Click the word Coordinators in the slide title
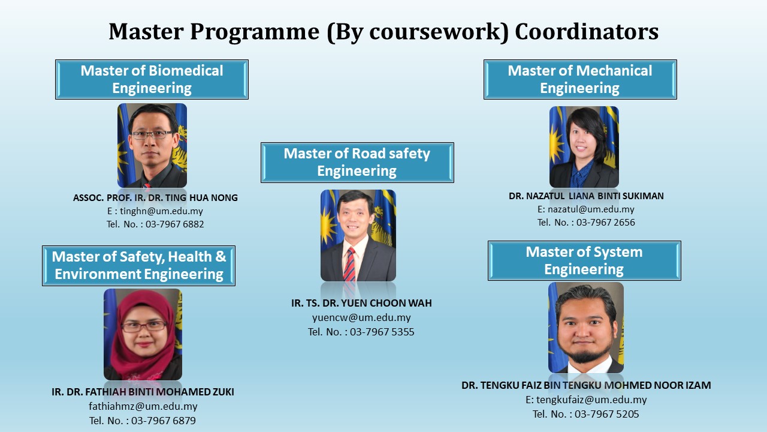click(587, 32)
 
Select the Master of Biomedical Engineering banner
click(152, 80)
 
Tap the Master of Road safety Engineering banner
click(357, 163)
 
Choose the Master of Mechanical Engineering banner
click(580, 80)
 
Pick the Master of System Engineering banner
click(584, 260)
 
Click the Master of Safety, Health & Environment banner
click(138, 266)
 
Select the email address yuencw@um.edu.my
click(361, 317)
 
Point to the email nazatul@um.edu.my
click(591, 209)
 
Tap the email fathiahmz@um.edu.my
click(143, 406)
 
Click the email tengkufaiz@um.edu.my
click(591, 400)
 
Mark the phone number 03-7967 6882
click(174, 224)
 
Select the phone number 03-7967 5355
click(382, 332)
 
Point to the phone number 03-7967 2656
click(606, 223)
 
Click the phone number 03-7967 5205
click(607, 414)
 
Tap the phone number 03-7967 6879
click(164, 421)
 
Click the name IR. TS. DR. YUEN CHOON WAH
click(361, 303)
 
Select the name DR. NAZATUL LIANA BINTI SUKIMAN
click(586, 196)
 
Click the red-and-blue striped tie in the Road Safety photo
click(349, 265)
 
